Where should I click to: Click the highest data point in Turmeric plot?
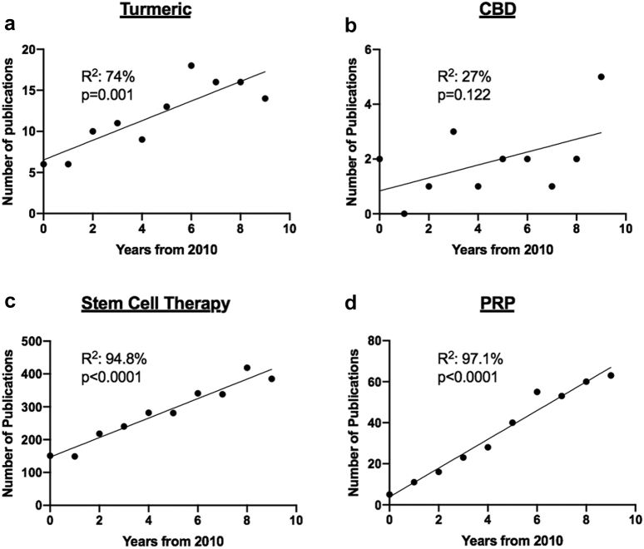click(191, 65)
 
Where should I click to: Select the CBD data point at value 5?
click(601, 77)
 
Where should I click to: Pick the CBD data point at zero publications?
click(404, 214)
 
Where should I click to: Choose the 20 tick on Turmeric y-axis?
click(27, 50)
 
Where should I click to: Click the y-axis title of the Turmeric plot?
click(9, 131)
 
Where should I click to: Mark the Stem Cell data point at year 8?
click(247, 368)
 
